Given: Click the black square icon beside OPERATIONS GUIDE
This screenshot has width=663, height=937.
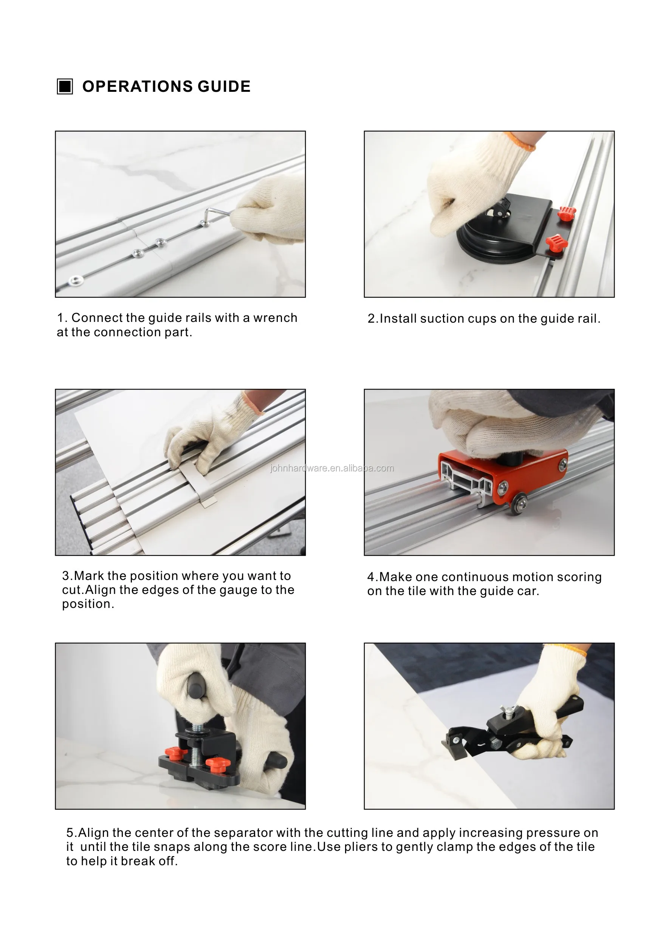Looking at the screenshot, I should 65,87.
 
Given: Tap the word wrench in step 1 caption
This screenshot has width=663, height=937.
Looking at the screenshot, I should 275,318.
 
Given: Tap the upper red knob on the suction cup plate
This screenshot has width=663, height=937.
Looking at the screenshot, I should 567,213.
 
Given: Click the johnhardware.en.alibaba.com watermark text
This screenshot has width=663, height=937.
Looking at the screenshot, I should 331,468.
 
